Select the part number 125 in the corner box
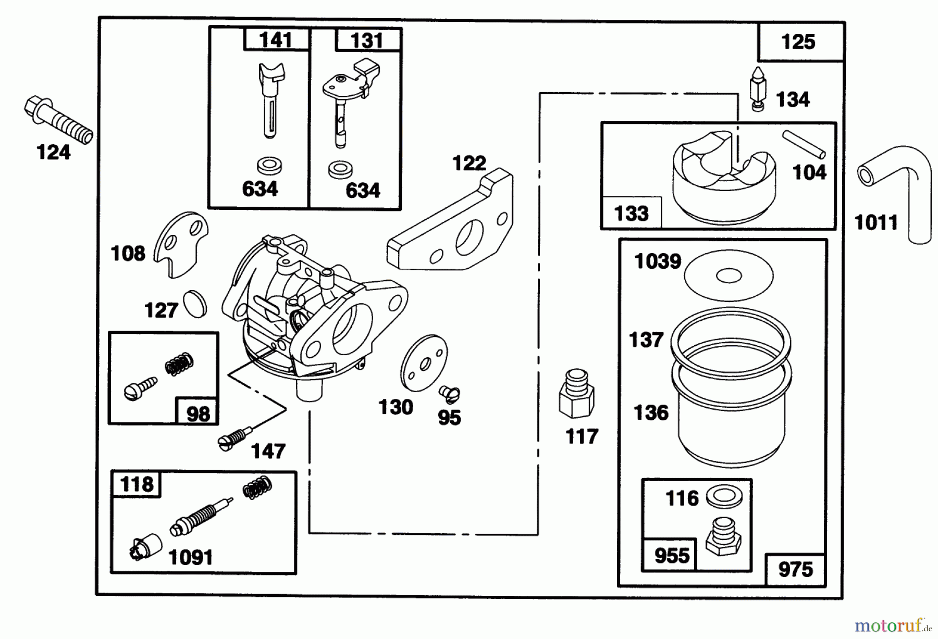[x=798, y=42]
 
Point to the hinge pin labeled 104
[x=803, y=144]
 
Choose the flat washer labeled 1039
[x=729, y=276]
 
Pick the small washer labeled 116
[x=724, y=497]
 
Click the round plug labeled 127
[x=195, y=304]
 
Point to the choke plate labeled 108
[x=181, y=244]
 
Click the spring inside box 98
[x=180, y=364]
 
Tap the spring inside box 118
[x=257, y=487]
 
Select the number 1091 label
[x=191, y=558]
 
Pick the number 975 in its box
[x=795, y=569]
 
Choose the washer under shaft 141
[x=269, y=166]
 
